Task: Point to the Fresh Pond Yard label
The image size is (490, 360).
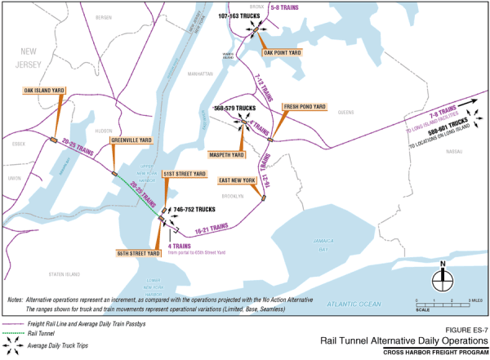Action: coord(305,107)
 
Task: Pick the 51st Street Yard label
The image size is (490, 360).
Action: coord(184,174)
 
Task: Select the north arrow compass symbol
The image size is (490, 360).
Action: coord(442,276)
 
